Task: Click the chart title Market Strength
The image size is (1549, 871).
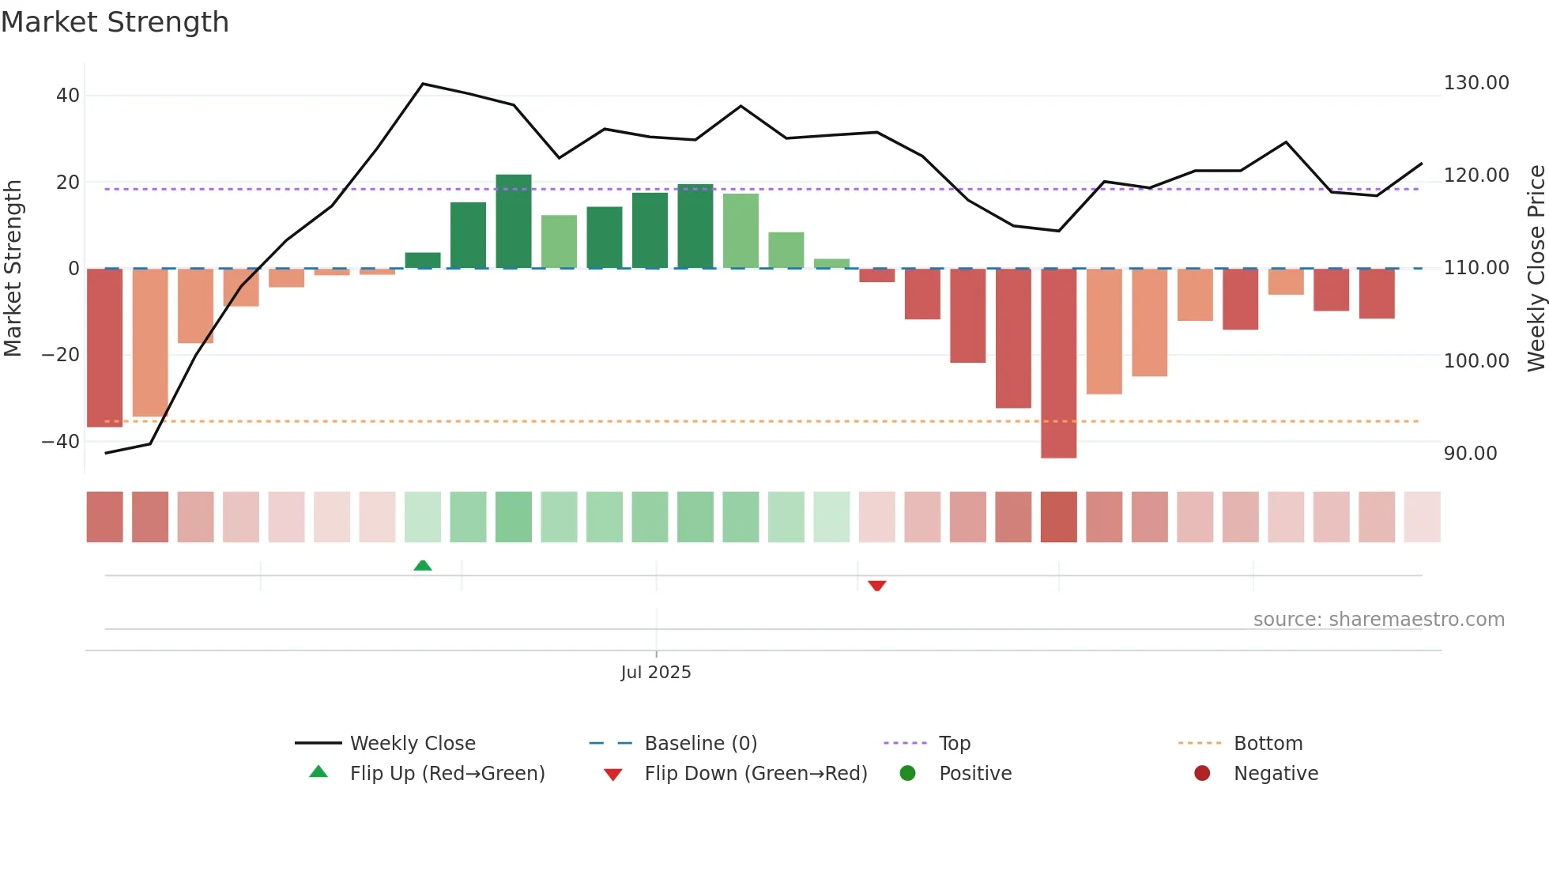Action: pos(115,22)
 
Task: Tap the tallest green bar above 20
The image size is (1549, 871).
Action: pos(514,221)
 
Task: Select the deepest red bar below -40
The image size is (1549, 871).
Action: pos(1058,364)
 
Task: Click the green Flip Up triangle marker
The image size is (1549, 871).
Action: pos(423,565)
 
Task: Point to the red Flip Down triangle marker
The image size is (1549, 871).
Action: pos(876,586)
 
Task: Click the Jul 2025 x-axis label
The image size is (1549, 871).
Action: pos(655,672)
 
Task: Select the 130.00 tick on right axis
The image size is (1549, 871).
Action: pos(1476,83)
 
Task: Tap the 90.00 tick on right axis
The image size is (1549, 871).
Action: pos(1470,454)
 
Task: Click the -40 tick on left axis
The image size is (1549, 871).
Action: pos(61,442)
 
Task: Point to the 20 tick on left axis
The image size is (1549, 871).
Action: pos(68,183)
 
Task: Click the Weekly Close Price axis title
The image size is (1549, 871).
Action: pos(1536,269)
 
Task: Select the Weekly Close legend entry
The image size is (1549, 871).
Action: pos(412,743)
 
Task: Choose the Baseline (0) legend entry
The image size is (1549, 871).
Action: pos(700,743)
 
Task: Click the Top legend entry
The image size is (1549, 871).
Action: pos(954,743)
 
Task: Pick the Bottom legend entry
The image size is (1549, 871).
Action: pos(1268,743)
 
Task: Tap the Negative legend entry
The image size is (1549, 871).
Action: pos(1275,773)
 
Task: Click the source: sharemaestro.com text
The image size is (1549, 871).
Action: pos(1378,620)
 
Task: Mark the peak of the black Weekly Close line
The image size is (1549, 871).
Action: pos(423,84)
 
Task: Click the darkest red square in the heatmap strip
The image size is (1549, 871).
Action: pos(1058,517)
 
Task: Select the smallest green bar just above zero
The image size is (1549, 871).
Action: pos(831,263)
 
